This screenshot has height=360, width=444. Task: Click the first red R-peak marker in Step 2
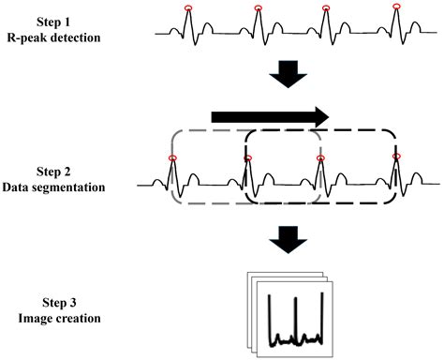coord(172,158)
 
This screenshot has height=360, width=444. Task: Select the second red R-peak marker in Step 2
coord(246,158)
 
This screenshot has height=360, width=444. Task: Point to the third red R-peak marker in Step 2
coord(320,158)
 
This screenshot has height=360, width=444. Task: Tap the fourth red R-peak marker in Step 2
coord(395,158)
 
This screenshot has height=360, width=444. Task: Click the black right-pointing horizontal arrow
coord(270,116)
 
